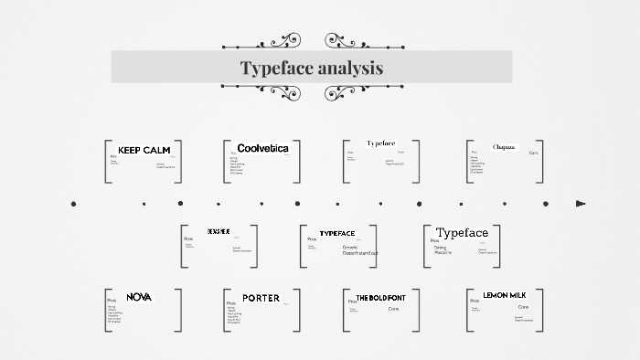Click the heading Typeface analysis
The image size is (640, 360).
pos(312,69)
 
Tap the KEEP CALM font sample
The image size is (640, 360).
pos(144,150)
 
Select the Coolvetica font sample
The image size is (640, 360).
pos(262,148)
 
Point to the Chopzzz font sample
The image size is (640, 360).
pos(504,147)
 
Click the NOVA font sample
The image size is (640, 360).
pos(139,297)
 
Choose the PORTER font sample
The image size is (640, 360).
pos(261,298)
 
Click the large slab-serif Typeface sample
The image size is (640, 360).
pos(462,233)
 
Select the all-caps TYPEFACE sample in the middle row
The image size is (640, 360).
pos(336,234)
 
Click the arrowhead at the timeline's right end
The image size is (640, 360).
pos(581,204)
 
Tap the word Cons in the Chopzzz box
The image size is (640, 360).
pos(534,153)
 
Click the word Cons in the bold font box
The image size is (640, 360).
pos(393,309)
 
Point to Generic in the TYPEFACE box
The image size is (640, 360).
pos(350,247)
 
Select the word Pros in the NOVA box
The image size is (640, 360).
pos(112,301)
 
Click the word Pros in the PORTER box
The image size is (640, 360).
pos(231,302)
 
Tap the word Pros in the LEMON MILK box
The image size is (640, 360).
pos(475,301)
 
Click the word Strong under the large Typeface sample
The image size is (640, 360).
pos(440,247)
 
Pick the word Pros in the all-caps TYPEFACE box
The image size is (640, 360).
pos(312,239)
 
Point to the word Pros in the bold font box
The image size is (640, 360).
pos(352,302)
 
